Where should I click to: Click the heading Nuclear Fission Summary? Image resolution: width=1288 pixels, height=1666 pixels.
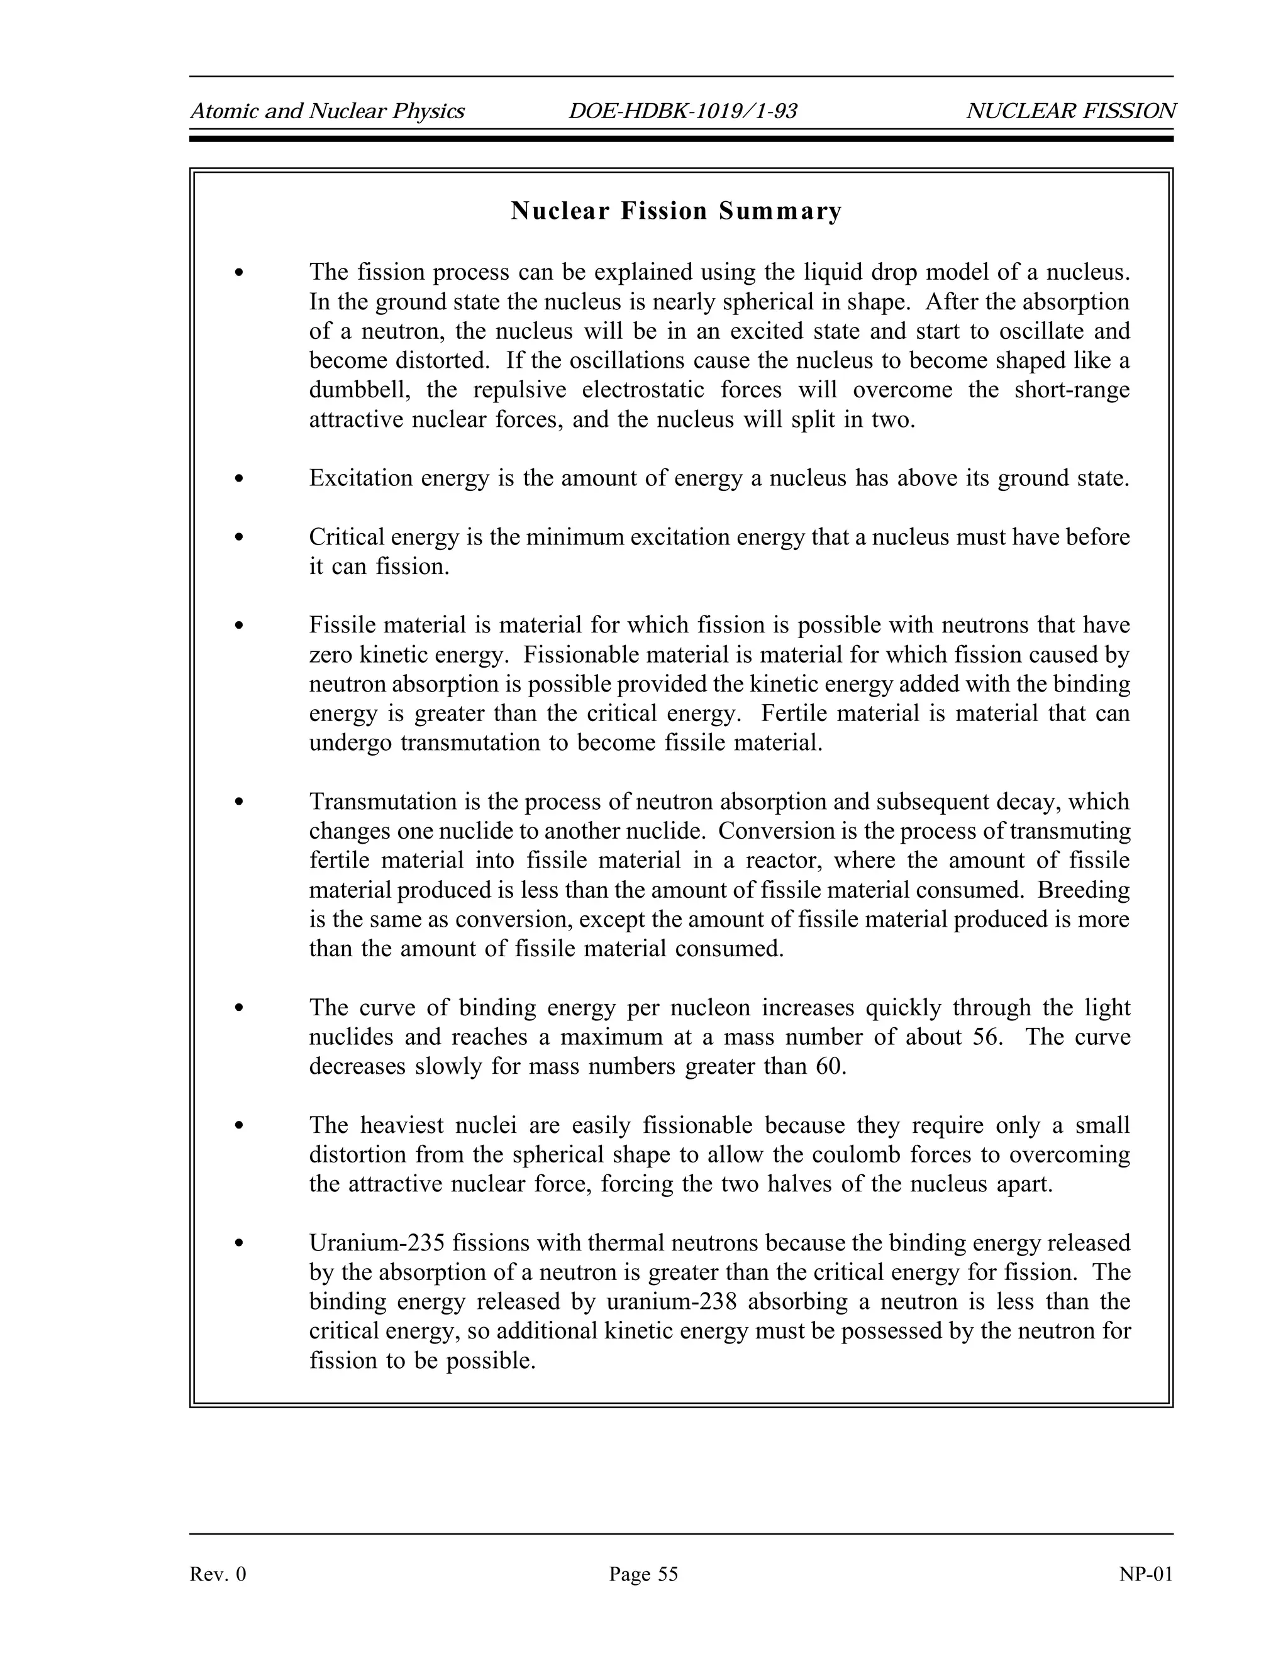(x=676, y=211)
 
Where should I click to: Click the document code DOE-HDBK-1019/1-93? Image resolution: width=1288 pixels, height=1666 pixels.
(x=682, y=111)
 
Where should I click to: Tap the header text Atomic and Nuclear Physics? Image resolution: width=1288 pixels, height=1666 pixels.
(x=327, y=111)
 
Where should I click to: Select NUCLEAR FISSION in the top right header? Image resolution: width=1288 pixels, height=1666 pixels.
(x=1070, y=111)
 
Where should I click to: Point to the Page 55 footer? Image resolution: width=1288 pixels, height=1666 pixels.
(x=643, y=1574)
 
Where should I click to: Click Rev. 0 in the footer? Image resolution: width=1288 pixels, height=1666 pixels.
(x=218, y=1574)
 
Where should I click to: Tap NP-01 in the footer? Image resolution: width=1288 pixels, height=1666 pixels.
(x=1145, y=1574)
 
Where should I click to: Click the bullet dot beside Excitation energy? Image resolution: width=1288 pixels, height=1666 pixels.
(x=240, y=479)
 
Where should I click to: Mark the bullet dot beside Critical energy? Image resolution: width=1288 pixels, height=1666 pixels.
(x=240, y=538)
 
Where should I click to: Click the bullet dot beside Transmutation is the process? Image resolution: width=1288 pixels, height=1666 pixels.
(x=240, y=802)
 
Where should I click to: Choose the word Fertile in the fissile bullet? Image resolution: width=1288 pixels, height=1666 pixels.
(x=799, y=714)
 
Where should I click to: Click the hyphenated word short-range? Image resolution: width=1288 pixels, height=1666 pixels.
(x=1072, y=390)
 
